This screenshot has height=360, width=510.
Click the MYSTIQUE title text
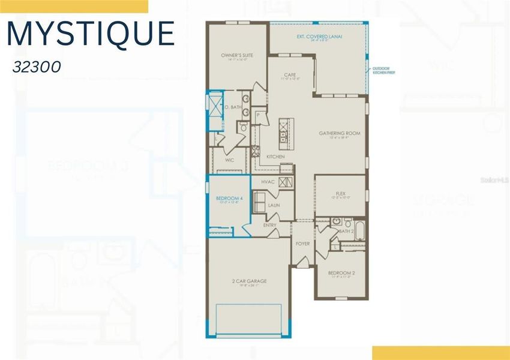tap(91, 34)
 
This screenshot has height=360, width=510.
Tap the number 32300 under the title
tap(37, 67)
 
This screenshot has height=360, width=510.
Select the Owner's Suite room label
tap(237, 55)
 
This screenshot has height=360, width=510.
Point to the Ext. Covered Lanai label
tap(317, 37)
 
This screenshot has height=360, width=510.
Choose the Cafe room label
tap(290, 75)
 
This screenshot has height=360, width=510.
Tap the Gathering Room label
tap(340, 133)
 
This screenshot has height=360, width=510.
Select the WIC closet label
tap(229, 160)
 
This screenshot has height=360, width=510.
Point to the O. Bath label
tap(233, 107)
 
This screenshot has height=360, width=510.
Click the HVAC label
tap(268, 182)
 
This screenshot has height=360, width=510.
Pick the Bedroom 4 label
tap(229, 198)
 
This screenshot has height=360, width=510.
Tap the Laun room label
tap(274, 205)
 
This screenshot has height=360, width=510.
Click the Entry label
tap(270, 225)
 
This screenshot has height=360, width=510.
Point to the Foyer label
tap(303, 244)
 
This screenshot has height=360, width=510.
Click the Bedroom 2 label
tap(341, 273)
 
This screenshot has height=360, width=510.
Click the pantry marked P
tap(257, 114)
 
